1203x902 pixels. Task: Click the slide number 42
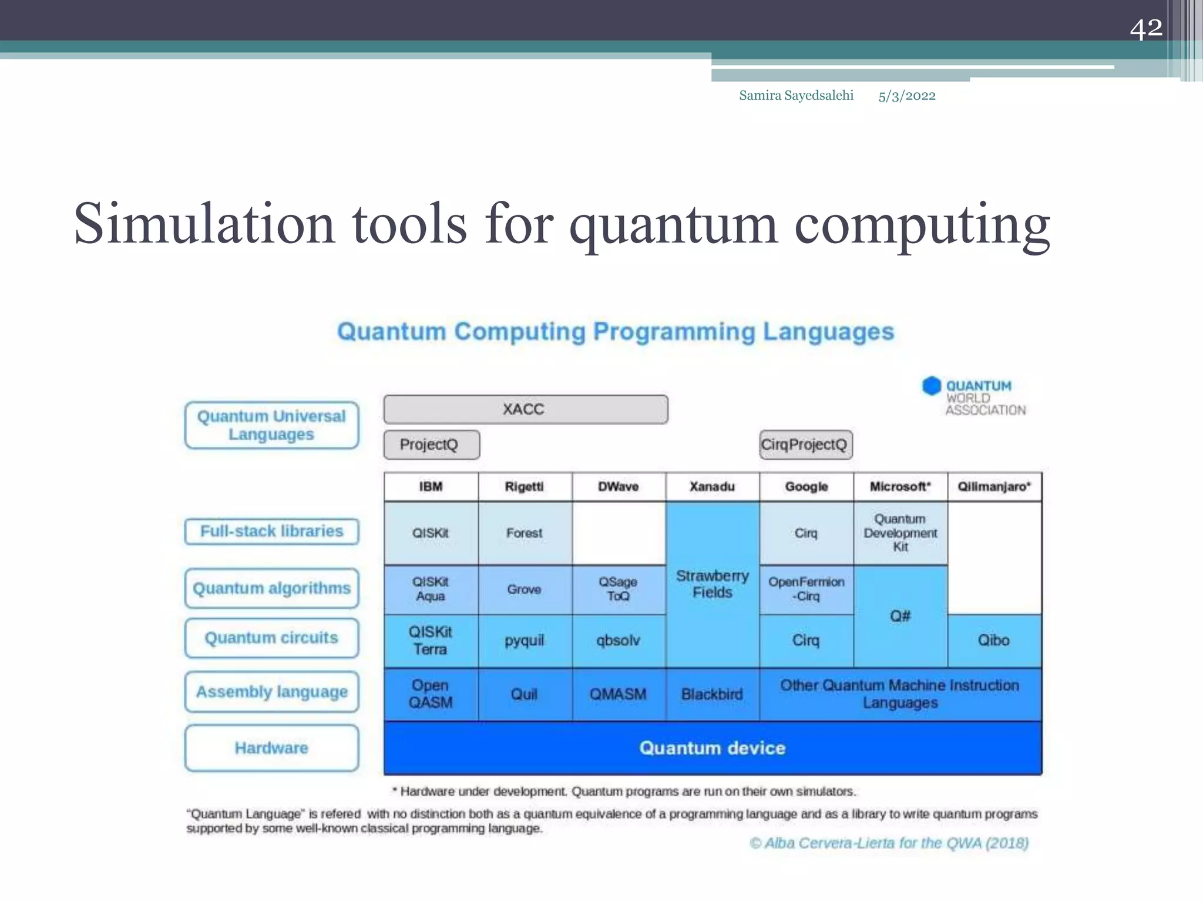click(x=1145, y=28)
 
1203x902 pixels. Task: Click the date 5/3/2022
click(x=906, y=96)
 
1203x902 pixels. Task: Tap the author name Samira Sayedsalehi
click(x=796, y=96)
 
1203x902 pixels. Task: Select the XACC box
click(x=525, y=409)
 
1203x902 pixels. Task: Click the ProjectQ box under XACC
click(x=431, y=445)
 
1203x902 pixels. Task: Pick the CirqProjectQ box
click(x=805, y=445)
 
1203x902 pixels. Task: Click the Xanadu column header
click(x=712, y=487)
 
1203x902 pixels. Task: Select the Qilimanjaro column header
click(x=994, y=487)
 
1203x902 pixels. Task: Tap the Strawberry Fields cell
click(x=712, y=584)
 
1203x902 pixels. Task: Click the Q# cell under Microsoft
click(x=900, y=616)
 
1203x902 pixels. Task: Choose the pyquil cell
click(x=525, y=641)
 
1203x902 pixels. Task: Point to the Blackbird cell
click(x=712, y=694)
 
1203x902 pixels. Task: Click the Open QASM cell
click(x=431, y=694)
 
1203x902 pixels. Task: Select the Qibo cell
click(x=994, y=641)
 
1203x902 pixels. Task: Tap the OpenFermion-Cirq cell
click(x=806, y=589)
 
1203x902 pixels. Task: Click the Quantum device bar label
click(x=712, y=748)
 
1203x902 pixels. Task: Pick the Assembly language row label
click(x=271, y=692)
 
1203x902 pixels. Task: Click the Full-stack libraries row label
click(x=271, y=531)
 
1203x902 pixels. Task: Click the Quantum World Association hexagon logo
click(x=931, y=386)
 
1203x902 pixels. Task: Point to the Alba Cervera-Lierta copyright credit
click(x=889, y=843)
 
